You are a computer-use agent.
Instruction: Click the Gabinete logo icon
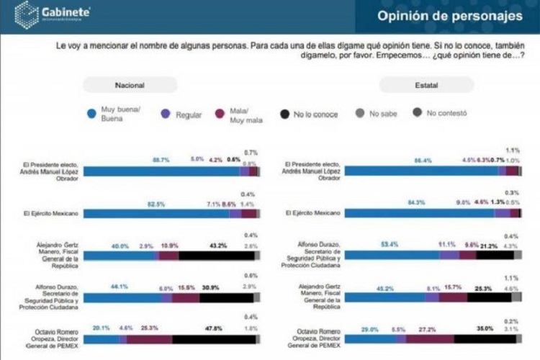tap(26, 14)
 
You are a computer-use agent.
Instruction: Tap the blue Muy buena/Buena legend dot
tap(91, 113)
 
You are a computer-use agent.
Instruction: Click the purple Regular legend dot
tap(166, 113)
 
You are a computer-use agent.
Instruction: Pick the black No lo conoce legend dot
tap(285, 113)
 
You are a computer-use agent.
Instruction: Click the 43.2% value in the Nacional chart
tap(218, 246)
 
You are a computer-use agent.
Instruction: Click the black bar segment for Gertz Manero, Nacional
tap(216, 256)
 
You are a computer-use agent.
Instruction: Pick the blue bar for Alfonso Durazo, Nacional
tap(122, 297)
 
